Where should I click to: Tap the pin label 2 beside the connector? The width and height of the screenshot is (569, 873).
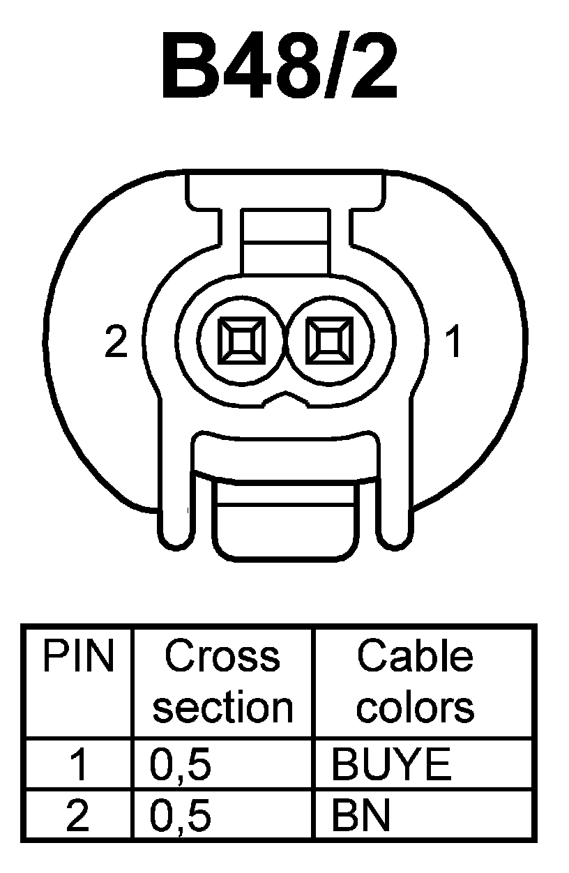pyautogui.click(x=116, y=342)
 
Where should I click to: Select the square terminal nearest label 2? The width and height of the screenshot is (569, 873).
pyautogui.click(x=241, y=341)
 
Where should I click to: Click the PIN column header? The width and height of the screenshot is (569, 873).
pyautogui.click(x=78, y=657)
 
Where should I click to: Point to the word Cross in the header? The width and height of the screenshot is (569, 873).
pyautogui.click(x=222, y=657)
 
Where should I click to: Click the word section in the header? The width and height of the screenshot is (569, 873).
pyautogui.click(x=222, y=707)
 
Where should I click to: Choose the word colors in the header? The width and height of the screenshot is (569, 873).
pyautogui.click(x=416, y=707)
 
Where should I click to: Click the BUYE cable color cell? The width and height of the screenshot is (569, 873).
pyautogui.click(x=391, y=766)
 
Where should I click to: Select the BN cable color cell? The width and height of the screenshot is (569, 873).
pyautogui.click(x=361, y=816)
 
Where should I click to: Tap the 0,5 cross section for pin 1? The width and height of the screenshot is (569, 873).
pyautogui.click(x=180, y=766)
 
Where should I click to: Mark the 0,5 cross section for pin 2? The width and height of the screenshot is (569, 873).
pyautogui.click(x=180, y=816)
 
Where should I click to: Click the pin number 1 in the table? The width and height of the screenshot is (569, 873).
pyautogui.click(x=78, y=766)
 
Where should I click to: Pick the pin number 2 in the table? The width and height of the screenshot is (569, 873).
pyautogui.click(x=78, y=816)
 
